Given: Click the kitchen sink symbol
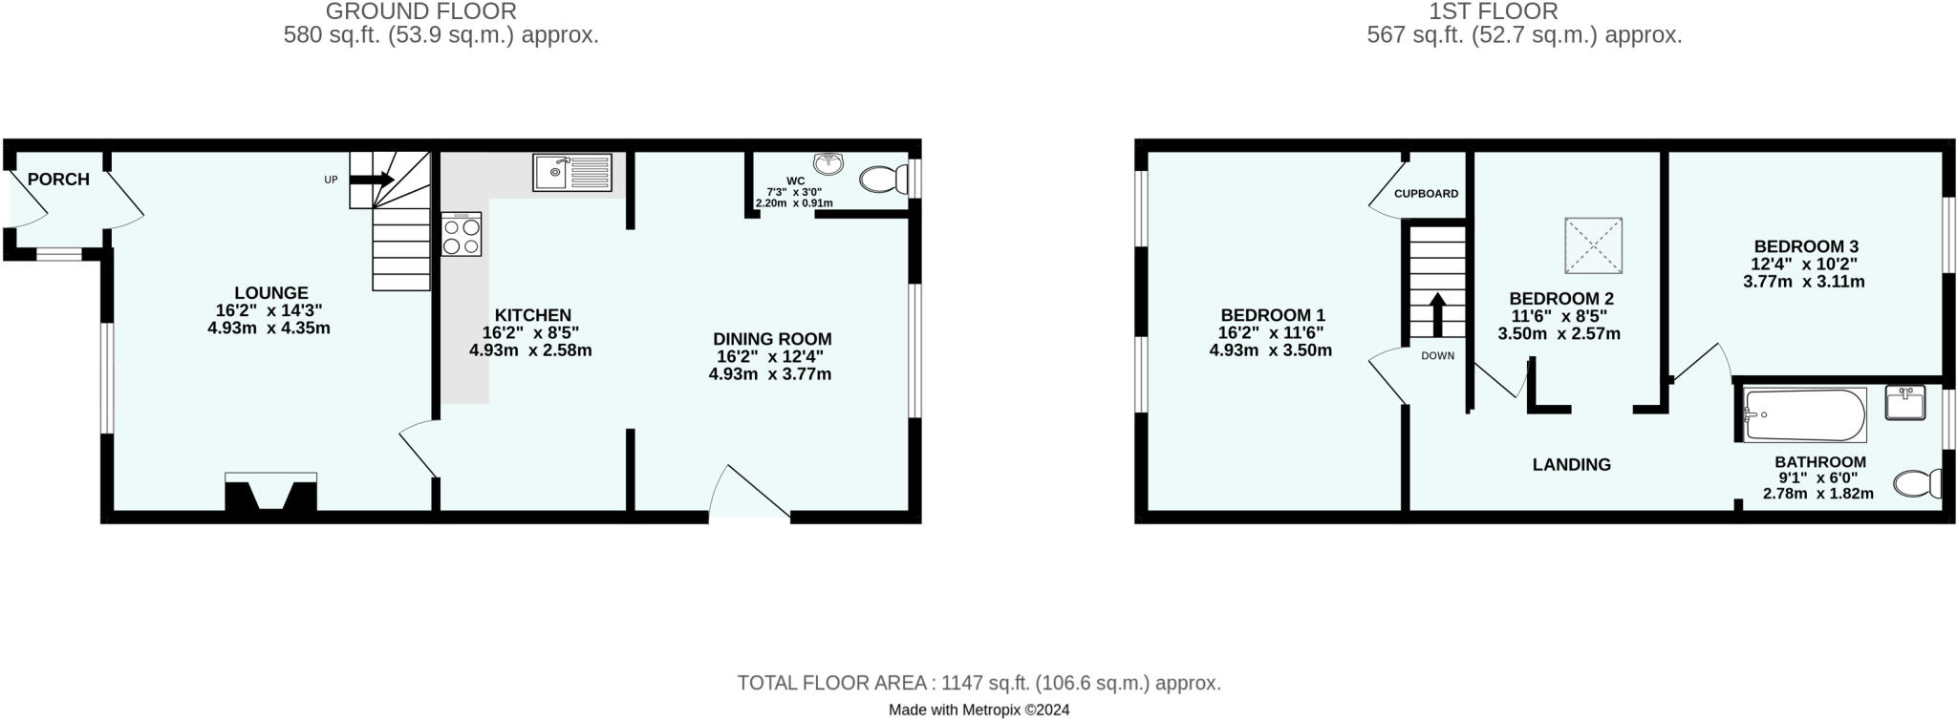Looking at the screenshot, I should click(x=572, y=173).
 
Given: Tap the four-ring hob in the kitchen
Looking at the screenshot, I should click(x=462, y=234).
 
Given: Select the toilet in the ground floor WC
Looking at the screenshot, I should click(x=884, y=179).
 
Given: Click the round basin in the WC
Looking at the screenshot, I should click(x=828, y=164).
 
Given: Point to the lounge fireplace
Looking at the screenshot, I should click(x=270, y=492).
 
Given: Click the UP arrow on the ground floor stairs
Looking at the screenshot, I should click(x=373, y=179).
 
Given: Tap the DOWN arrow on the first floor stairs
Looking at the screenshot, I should click(x=1437, y=314).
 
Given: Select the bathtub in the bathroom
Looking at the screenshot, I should click(x=1804, y=414).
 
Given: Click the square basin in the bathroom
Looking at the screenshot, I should click(x=1904, y=402).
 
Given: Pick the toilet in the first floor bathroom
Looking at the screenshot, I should click(x=1918, y=483).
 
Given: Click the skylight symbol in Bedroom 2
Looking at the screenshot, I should click(x=1593, y=245).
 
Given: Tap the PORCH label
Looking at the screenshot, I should click(x=58, y=180).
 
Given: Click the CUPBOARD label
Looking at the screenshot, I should click(x=1426, y=194).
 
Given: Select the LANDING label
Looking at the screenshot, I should click(x=1571, y=465).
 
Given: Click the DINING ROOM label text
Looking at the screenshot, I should click(x=772, y=339).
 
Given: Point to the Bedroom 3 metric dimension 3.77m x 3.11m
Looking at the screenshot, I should click(x=1803, y=282).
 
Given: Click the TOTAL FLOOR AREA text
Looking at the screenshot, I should click(x=978, y=684).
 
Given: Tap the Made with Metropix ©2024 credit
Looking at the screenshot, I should click(x=978, y=710).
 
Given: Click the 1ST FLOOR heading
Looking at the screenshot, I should click(x=1523, y=11).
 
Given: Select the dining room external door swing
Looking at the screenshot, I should click(x=750, y=493).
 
